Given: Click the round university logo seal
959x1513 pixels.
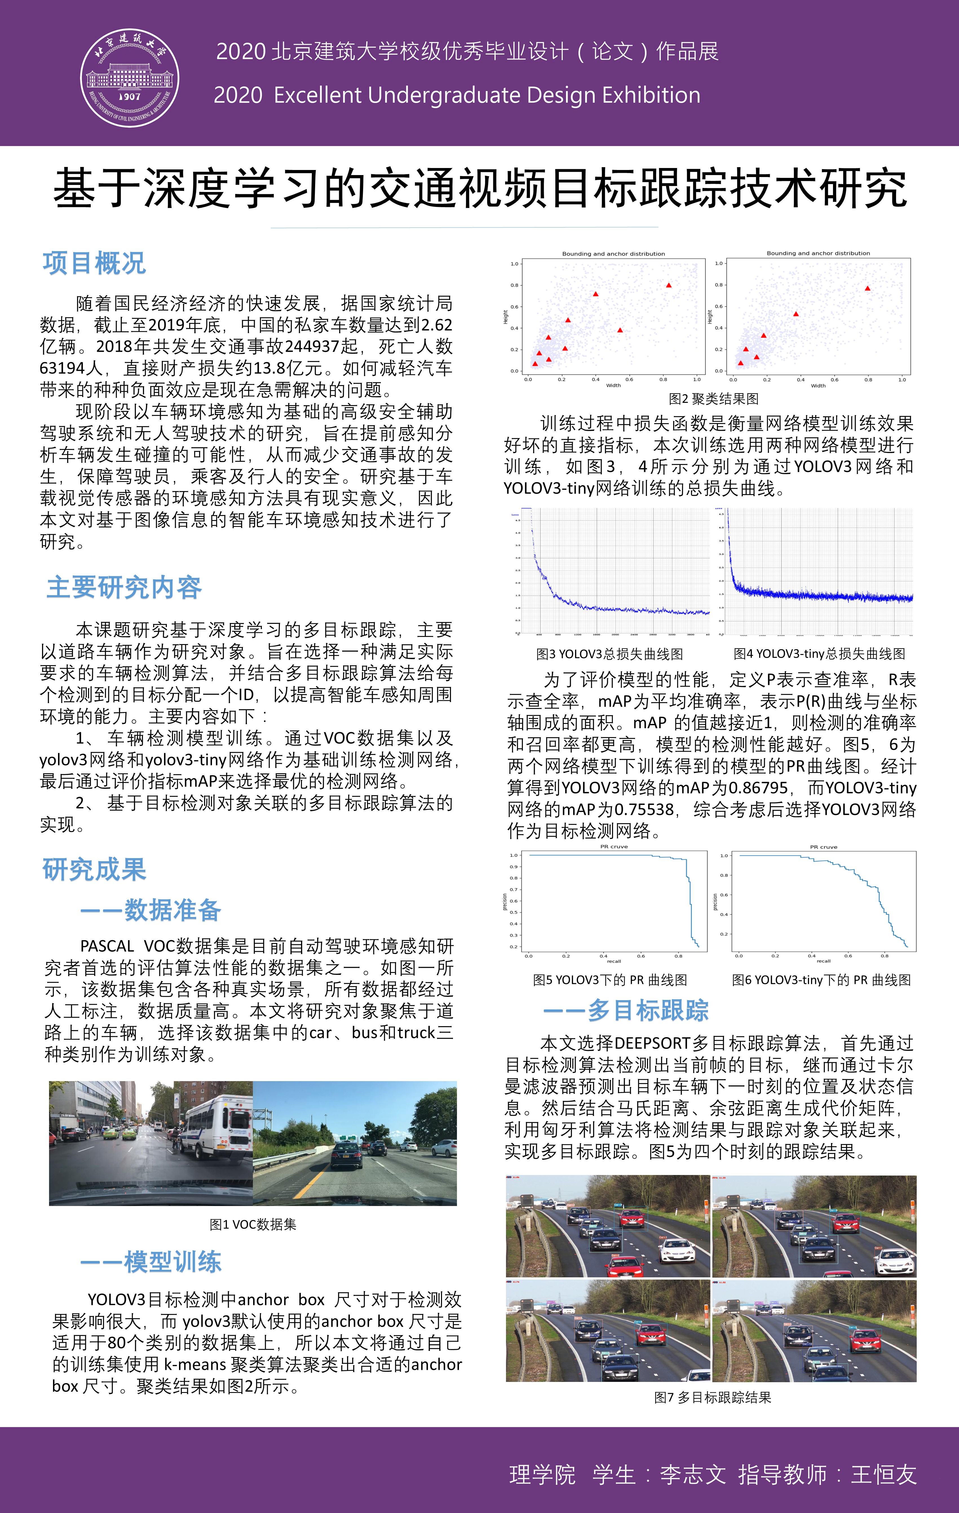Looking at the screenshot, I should pyautogui.click(x=129, y=78).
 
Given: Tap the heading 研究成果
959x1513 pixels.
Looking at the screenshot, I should pyautogui.click(x=94, y=870).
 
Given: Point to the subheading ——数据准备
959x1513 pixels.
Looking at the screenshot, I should pyautogui.click(x=151, y=910).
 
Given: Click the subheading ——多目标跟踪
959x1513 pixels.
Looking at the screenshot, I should pyautogui.click(x=626, y=1010).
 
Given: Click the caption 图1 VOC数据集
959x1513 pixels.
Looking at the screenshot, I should pyautogui.click(x=253, y=1224).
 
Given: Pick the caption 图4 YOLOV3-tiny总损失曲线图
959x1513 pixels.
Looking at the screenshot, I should pyautogui.click(x=819, y=654).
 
